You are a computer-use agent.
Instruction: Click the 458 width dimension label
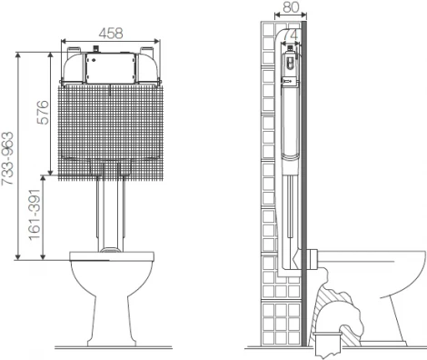click(111, 33)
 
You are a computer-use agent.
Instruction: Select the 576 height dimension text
click(43, 112)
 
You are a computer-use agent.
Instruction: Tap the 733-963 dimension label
click(7, 158)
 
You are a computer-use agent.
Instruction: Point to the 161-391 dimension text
click(35, 215)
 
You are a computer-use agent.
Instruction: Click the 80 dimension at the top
click(291, 6)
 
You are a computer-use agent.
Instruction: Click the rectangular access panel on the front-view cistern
click(111, 68)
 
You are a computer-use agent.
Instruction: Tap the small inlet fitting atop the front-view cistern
click(96, 49)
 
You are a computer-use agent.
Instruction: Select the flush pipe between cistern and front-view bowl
click(111, 215)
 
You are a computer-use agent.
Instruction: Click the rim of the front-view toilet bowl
click(112, 256)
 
